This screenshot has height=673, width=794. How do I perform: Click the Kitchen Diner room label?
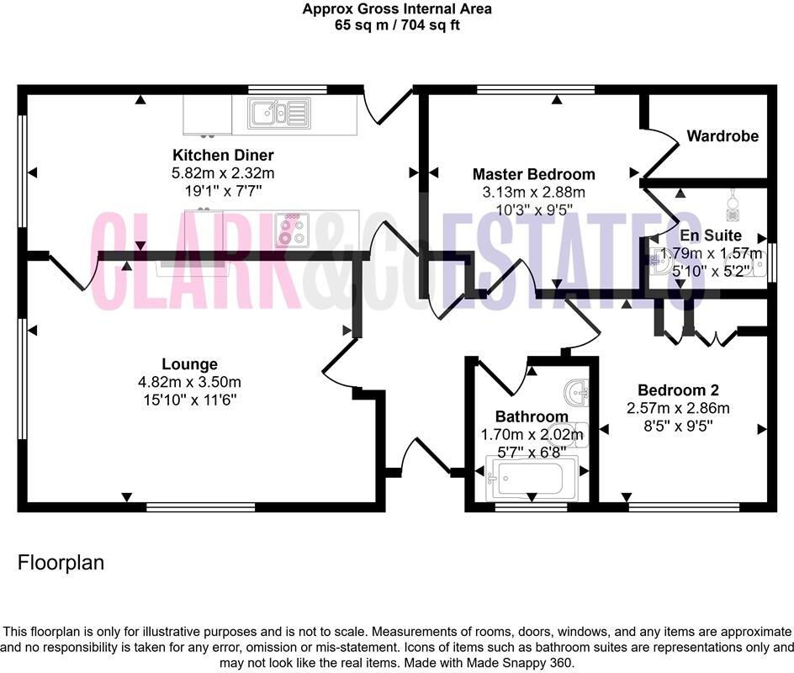point(223,156)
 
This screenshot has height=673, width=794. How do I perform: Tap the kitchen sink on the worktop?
point(277,113)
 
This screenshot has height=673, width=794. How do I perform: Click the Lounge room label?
point(189,364)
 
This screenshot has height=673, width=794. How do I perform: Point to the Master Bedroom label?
point(533,175)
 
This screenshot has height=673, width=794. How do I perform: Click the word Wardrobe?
point(722,136)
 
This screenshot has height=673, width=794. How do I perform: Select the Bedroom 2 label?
point(678,390)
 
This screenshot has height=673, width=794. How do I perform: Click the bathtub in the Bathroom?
point(531,480)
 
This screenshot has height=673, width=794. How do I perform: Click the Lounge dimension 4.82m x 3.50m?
point(189,382)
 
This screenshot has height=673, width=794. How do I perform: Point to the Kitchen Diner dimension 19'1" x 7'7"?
point(223,190)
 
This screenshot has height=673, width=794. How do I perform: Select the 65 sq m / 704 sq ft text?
point(397,25)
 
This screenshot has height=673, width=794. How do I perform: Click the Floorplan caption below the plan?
point(61,563)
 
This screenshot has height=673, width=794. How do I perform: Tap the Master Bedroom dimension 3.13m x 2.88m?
point(533,193)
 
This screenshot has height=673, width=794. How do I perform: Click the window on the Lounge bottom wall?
point(200,507)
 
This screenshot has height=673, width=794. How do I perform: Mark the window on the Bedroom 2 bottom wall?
point(684,507)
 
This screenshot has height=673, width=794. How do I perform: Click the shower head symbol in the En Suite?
point(733,203)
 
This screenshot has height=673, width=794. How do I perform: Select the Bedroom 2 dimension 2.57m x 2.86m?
point(678,408)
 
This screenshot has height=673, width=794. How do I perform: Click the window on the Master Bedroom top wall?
point(535,89)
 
